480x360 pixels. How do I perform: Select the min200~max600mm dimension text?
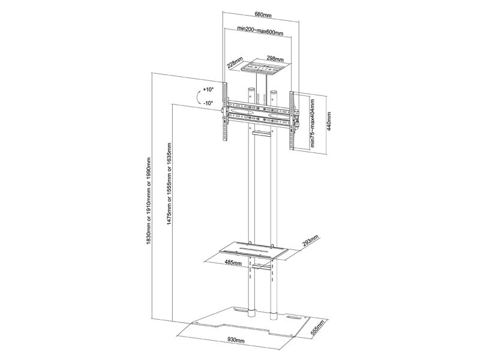pos(260,31)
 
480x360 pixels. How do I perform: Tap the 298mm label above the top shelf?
pos(275,59)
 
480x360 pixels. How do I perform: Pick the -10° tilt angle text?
pos(208,103)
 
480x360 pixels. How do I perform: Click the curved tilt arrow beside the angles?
pos(199,98)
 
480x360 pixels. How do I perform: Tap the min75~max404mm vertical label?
pos(313,122)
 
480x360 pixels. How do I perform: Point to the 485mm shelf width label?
pos(233,262)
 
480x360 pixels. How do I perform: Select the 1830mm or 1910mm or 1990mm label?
pos(149,201)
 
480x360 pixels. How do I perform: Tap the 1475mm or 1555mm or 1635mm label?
pos(169,184)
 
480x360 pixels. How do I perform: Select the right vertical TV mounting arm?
pos(293,121)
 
